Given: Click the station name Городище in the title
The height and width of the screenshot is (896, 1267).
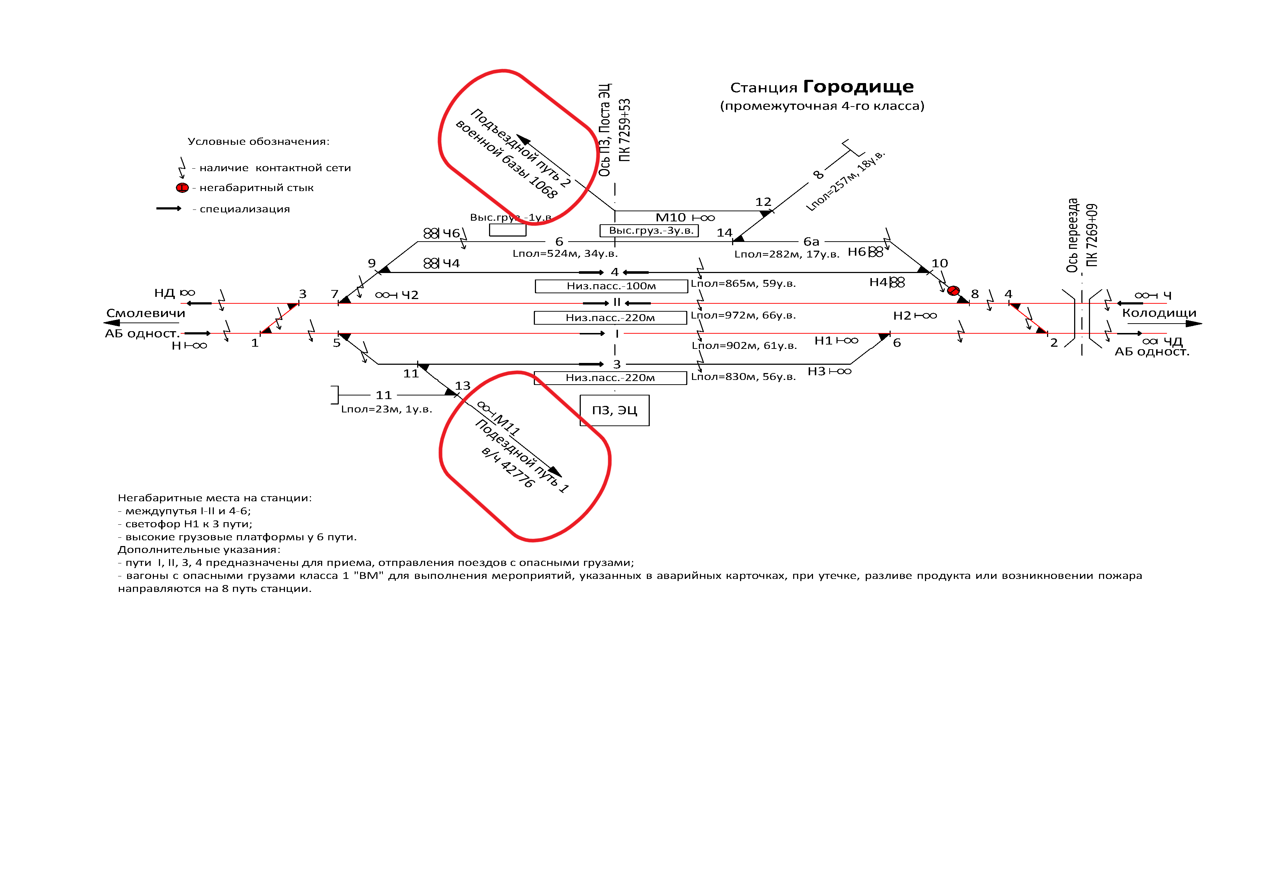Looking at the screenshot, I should [x=858, y=87].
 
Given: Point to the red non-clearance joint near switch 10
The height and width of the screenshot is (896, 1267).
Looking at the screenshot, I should [x=953, y=290].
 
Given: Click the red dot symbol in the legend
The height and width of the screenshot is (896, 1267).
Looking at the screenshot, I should [x=182, y=187].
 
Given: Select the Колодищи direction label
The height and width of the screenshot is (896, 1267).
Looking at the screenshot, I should [x=1159, y=313].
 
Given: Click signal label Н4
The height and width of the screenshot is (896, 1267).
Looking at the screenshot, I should [x=878, y=282].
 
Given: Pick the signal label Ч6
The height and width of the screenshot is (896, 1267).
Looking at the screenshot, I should [x=451, y=233].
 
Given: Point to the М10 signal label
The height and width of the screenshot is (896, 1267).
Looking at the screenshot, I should [x=670, y=217].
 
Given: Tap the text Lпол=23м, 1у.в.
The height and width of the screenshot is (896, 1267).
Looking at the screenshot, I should [x=386, y=409].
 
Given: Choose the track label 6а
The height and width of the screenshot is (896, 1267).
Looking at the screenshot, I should [x=811, y=241].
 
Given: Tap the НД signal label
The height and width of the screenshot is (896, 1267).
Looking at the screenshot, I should [x=164, y=293].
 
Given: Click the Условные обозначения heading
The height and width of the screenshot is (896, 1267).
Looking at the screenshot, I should [x=258, y=141].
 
